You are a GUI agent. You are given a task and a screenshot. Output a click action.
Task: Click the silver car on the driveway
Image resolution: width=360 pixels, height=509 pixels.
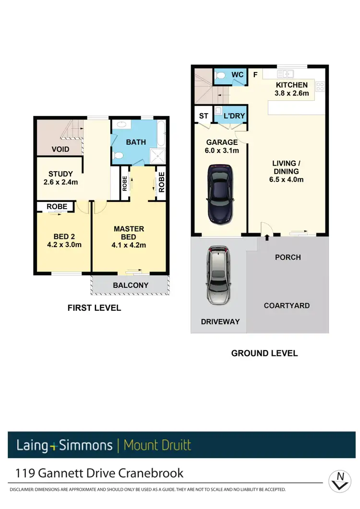click(219, 275)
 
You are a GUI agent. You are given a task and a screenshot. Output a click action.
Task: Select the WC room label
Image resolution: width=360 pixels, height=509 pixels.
click(238, 75)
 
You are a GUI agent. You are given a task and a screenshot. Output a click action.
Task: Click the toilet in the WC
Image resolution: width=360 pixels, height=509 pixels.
click(221, 76)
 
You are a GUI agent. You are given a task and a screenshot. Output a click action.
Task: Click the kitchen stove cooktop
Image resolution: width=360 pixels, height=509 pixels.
click(320, 87)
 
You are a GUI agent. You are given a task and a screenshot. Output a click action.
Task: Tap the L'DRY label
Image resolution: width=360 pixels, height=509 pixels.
click(235, 116)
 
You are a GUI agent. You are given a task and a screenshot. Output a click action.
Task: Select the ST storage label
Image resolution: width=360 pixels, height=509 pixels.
click(204, 116)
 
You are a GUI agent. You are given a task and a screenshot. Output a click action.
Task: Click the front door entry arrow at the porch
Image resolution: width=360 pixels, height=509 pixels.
click(267, 237)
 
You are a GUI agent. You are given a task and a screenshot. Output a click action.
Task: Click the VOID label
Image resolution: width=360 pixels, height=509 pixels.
click(60, 149)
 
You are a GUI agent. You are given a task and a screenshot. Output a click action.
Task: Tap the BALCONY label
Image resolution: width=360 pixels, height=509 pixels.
click(131, 285)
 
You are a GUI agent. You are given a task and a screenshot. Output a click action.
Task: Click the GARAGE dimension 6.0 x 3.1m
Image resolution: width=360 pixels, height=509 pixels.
click(222, 150)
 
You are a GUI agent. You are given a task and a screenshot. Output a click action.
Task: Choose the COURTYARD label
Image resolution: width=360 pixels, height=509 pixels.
click(287, 305)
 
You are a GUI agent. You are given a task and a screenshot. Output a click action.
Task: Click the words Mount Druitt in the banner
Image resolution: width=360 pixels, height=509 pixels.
click(157, 445)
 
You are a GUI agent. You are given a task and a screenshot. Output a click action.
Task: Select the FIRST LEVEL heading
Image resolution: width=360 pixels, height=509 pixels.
click(94, 308)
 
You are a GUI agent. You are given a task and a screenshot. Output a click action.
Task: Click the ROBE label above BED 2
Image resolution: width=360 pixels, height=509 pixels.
click(56, 207)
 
